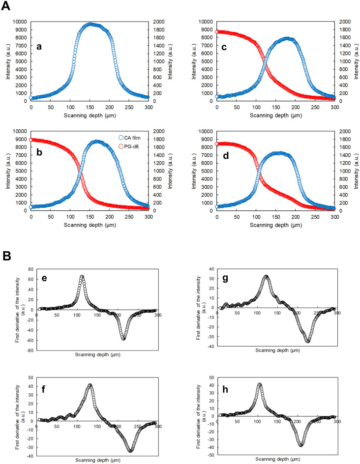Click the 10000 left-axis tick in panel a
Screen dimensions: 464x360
tap(19, 22)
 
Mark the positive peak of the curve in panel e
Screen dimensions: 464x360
tap(82, 276)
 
